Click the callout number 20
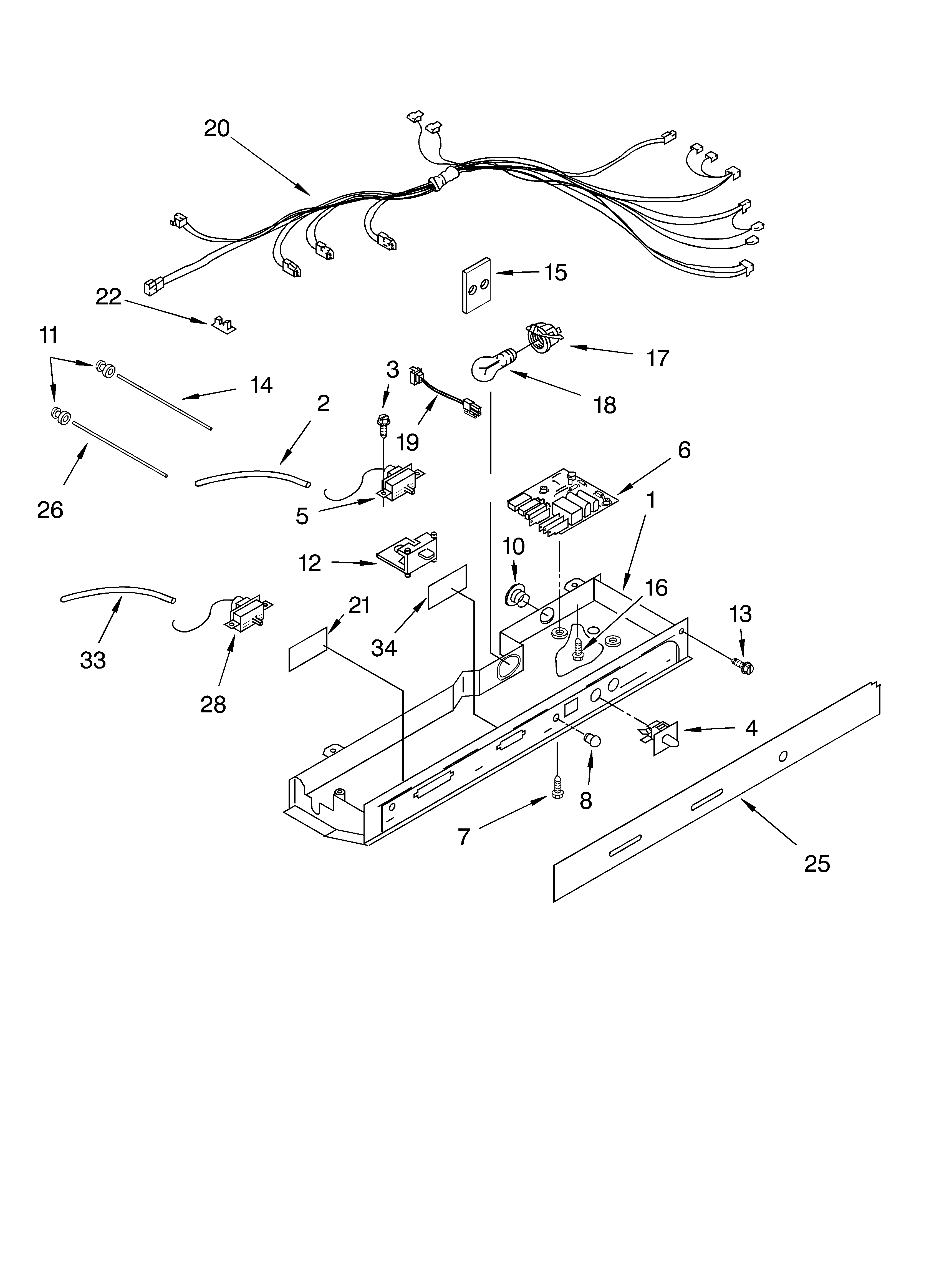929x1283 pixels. [217, 129]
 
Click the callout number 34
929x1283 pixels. [383, 648]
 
